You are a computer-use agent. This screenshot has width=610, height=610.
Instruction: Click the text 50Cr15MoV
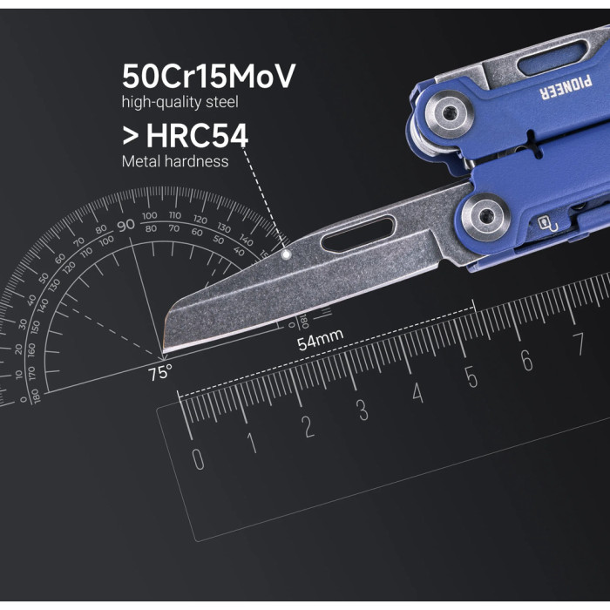[208, 77]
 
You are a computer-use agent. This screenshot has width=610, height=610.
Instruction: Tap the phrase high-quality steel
[180, 103]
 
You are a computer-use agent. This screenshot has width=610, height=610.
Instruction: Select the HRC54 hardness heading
[185, 136]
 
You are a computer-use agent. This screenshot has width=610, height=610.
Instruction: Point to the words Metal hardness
[175, 161]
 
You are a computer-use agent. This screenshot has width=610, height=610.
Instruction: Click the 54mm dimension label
[320, 341]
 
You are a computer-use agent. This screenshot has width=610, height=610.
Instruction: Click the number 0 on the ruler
[198, 458]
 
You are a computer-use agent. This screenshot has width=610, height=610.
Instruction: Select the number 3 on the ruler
[363, 410]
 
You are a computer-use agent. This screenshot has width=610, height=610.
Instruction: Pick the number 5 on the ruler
[471, 377]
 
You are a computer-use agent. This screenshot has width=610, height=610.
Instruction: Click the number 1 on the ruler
[252, 443]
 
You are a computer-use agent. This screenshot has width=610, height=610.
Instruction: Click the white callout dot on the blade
[287, 254]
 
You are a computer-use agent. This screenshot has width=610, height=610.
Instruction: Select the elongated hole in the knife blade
[357, 235]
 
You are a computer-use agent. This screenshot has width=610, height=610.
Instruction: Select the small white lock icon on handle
[544, 223]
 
